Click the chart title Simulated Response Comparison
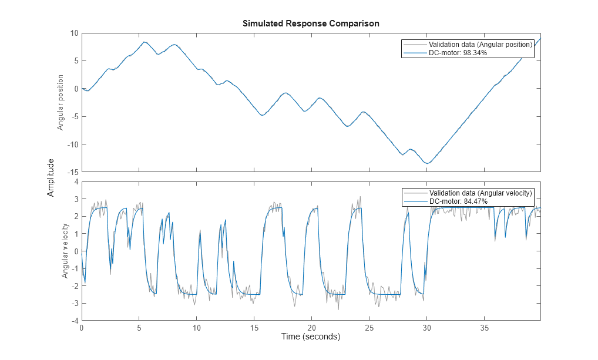tap(311, 23)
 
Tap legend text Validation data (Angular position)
tap(480, 45)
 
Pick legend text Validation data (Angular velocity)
tap(481, 193)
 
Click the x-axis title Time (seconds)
tap(311, 337)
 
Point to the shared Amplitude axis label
tap(51, 177)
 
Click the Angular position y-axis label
tap(60, 102)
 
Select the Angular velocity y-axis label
tap(65, 251)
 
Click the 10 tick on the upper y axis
tap(74, 33)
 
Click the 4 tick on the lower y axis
tap(76, 182)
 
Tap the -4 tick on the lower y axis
tap(74, 321)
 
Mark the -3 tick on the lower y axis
tap(74, 304)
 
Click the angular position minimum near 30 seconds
tap(428, 163)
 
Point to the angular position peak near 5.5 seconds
tap(145, 42)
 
